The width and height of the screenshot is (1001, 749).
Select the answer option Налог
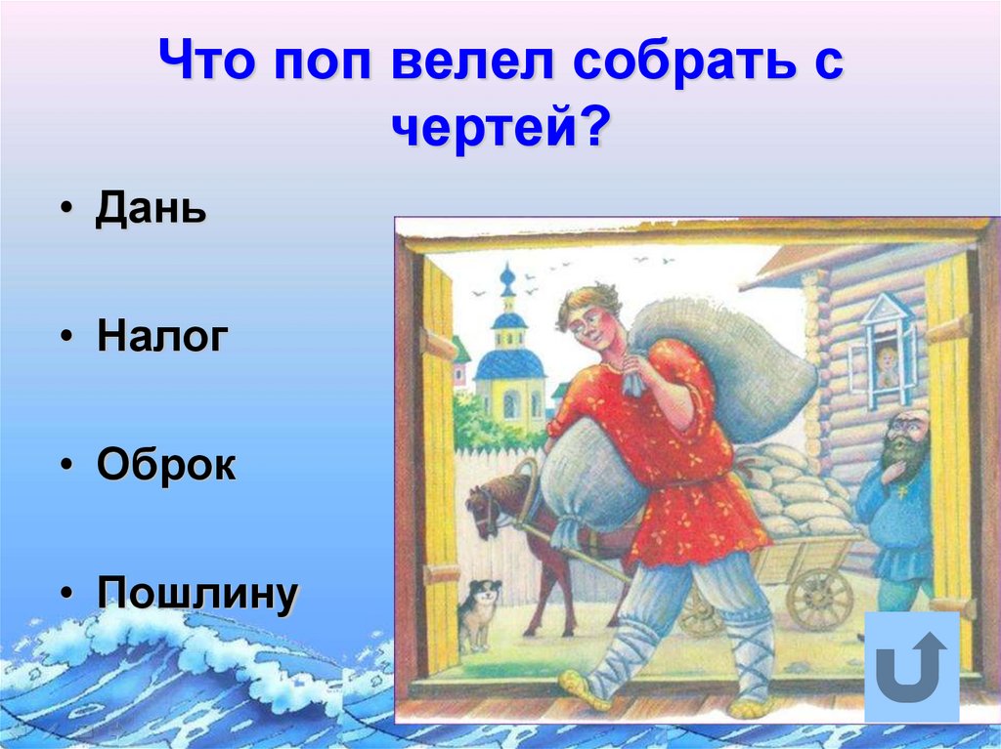tap(162, 337)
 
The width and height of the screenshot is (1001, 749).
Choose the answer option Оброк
tap(166, 465)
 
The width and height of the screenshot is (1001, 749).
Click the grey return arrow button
tap(911, 666)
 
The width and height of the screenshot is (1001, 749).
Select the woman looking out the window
tap(886, 367)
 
